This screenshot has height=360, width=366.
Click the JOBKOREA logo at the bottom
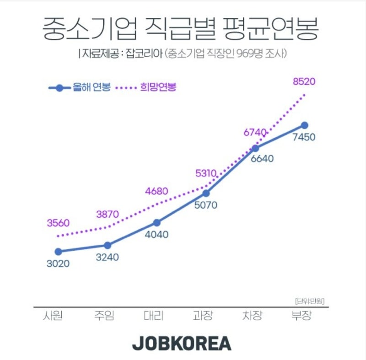[x=182, y=344]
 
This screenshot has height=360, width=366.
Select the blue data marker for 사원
[x=58, y=251]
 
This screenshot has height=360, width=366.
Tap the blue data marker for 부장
[x=305, y=125]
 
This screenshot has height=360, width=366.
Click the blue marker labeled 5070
[x=206, y=193]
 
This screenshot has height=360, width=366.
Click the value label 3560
[x=58, y=223]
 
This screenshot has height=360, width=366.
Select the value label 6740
[x=255, y=133]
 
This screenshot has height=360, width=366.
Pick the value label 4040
[x=156, y=235]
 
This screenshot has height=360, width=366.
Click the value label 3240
[x=107, y=257]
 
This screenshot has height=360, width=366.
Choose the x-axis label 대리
[x=153, y=316]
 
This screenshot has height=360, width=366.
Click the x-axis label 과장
[x=203, y=316]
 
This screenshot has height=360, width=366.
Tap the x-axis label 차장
[x=252, y=316]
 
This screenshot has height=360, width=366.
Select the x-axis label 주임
[x=104, y=316]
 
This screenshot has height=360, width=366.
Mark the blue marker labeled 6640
[x=255, y=148]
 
